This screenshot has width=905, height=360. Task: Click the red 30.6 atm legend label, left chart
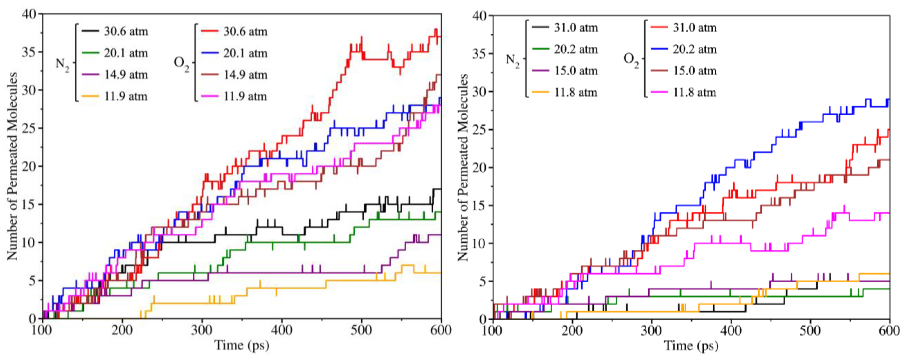pyautogui.click(x=245, y=32)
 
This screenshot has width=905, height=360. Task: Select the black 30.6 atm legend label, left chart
pyautogui.click(x=126, y=32)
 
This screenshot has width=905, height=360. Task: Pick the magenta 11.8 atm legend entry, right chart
pyautogui.click(x=694, y=92)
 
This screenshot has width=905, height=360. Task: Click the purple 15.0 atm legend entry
pyautogui.click(x=576, y=71)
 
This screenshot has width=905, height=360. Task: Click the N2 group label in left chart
pyautogui.click(x=62, y=65)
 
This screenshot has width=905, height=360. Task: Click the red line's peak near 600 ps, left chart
pyautogui.click(x=436, y=29)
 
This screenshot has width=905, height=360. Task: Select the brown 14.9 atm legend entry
pyautogui.click(x=245, y=75)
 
